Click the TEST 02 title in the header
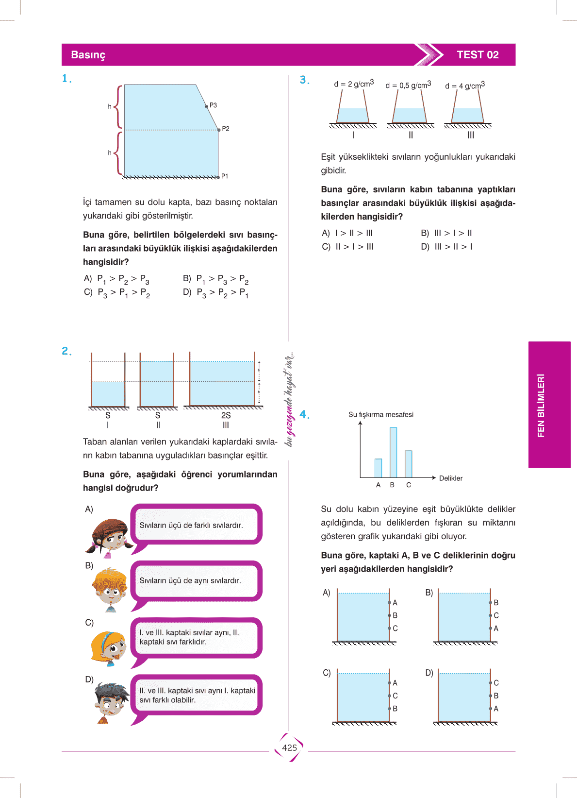pyautogui.click(x=478, y=55)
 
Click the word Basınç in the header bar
pyautogui.click(x=88, y=55)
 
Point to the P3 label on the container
pyautogui.click(x=213, y=105)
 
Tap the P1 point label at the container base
pyautogui.click(x=225, y=176)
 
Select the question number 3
pyautogui.click(x=304, y=80)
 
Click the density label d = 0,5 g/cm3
pyautogui.click(x=408, y=85)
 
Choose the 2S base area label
pyautogui.click(x=226, y=415)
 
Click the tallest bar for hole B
pyautogui.click(x=393, y=452)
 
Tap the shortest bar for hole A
pyautogui.click(x=378, y=468)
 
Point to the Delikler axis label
pyautogui.click(x=450, y=478)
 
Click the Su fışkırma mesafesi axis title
pyautogui.click(x=380, y=415)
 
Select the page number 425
pyautogui.click(x=289, y=748)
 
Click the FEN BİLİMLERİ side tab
pyautogui.click(x=542, y=405)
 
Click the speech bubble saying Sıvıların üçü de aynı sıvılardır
pyautogui.click(x=196, y=581)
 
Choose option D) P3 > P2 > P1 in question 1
pyautogui.click(x=216, y=293)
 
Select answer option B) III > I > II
pyautogui.click(x=446, y=233)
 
